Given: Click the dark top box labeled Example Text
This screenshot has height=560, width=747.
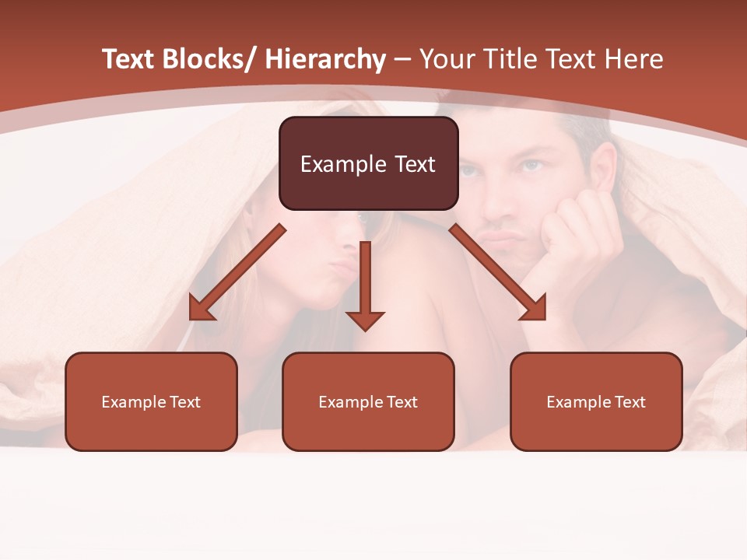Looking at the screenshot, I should click(x=368, y=163).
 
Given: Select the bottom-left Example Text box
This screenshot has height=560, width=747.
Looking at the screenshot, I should click(x=151, y=401).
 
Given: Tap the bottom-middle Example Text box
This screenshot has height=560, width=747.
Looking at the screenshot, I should click(x=368, y=401).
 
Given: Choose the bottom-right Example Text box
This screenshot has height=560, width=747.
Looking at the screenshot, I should click(x=596, y=401).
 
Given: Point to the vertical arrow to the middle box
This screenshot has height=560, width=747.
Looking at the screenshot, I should click(x=365, y=285).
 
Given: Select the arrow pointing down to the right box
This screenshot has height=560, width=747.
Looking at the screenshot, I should click(x=498, y=272).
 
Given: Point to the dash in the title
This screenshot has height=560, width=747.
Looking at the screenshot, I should click(x=402, y=60).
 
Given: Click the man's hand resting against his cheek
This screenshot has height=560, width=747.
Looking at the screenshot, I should click(x=576, y=233).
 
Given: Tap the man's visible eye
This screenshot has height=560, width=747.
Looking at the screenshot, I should click(x=531, y=166).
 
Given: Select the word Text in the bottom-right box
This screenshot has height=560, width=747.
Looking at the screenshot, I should click(x=630, y=401).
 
